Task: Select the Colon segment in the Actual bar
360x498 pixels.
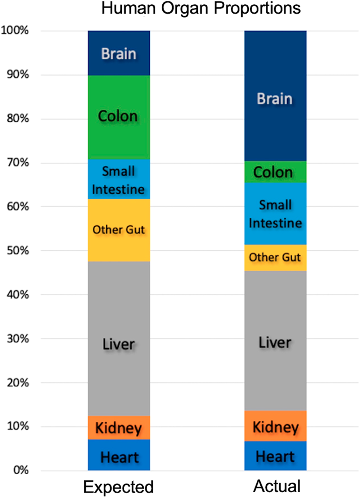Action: click(275, 172)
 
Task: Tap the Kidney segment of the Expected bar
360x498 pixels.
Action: click(119, 427)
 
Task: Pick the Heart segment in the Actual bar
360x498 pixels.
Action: click(275, 456)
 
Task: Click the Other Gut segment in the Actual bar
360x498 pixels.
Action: click(275, 258)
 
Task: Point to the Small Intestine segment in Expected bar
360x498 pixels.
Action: click(119, 179)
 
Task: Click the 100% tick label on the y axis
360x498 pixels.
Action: click(15, 30)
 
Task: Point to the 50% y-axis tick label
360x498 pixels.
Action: click(18, 250)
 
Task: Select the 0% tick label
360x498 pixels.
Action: click(21, 470)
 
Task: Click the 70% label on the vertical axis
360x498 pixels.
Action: click(18, 163)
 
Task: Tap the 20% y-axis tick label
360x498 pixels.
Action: click(18, 382)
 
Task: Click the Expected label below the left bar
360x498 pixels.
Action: click(118, 487)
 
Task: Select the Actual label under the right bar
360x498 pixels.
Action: click(277, 486)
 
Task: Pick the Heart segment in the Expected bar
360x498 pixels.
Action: click(119, 457)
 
